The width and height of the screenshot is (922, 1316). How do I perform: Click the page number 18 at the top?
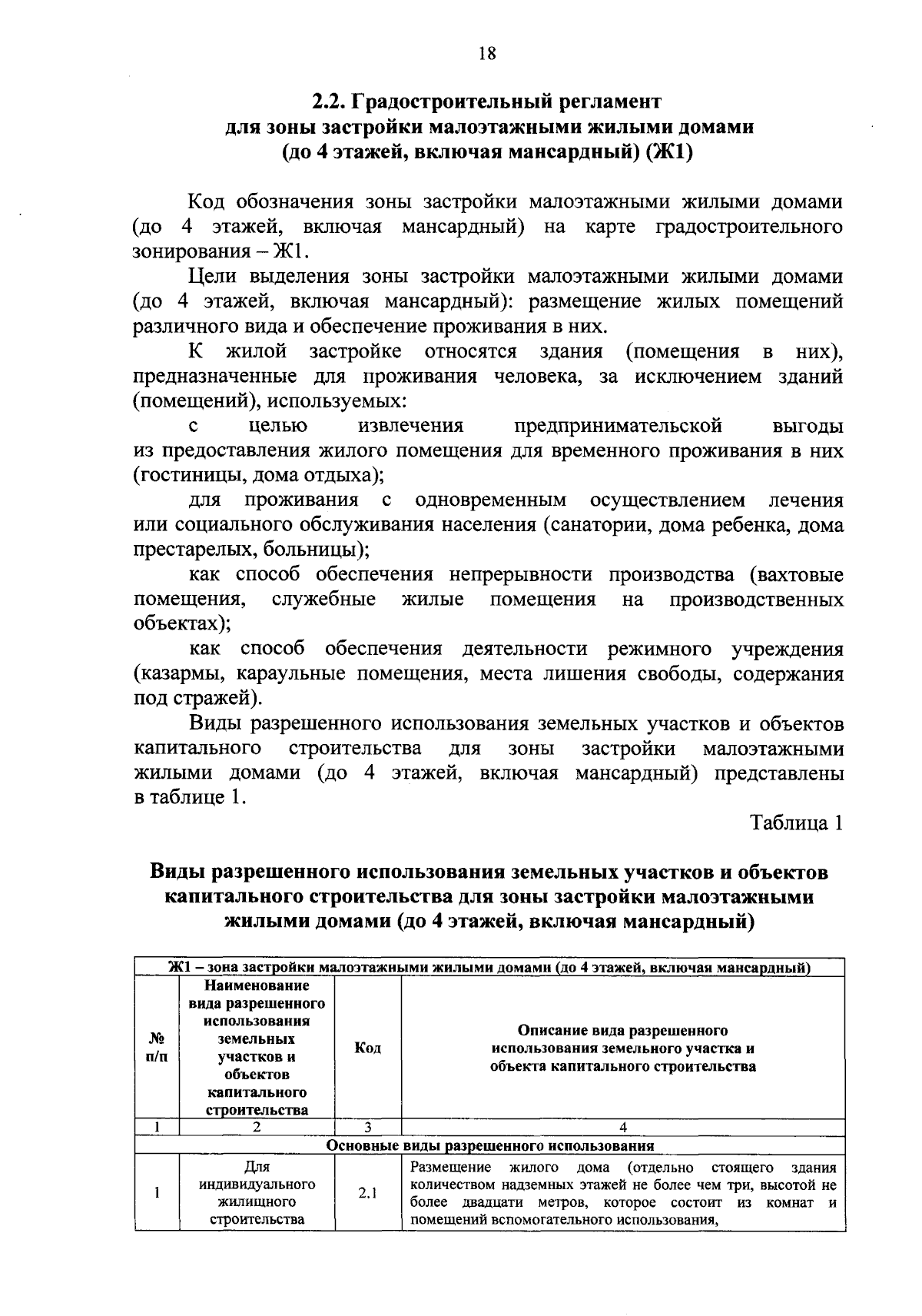point(486,53)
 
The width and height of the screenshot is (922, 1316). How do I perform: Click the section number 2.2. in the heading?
point(331,101)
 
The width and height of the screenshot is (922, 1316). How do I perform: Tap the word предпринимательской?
point(619,426)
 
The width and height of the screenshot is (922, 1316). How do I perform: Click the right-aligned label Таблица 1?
point(798,822)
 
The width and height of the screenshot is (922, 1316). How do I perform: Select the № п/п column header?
point(156,1048)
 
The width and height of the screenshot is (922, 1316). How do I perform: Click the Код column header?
point(368,1048)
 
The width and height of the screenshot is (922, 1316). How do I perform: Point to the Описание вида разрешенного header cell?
point(622,1048)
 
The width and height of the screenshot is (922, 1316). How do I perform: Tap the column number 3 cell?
point(368,1128)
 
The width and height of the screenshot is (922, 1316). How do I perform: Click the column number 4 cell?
point(622,1128)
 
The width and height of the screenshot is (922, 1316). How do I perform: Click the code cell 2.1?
point(368,1193)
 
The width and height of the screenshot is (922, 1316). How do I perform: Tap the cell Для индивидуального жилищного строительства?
point(257,1193)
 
